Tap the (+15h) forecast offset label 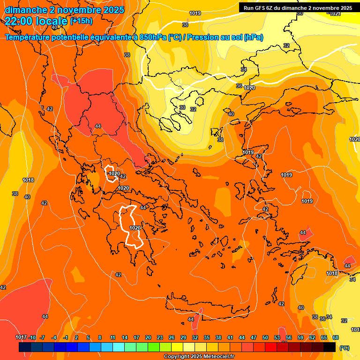coord(81,21)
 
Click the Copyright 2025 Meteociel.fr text coord(199,357)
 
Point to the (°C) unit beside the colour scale coord(344,347)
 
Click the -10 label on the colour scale coord(32,337)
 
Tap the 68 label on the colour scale coord(336,337)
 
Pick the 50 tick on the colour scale coord(265,337)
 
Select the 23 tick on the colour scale coord(160,337)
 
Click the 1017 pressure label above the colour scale coord(21,337)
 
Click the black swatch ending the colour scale coord(330,347)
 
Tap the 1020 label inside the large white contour coord(135,228)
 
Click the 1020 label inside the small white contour coord(114,174)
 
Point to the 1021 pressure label coord(335,14)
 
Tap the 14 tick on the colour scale coord(125,337)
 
